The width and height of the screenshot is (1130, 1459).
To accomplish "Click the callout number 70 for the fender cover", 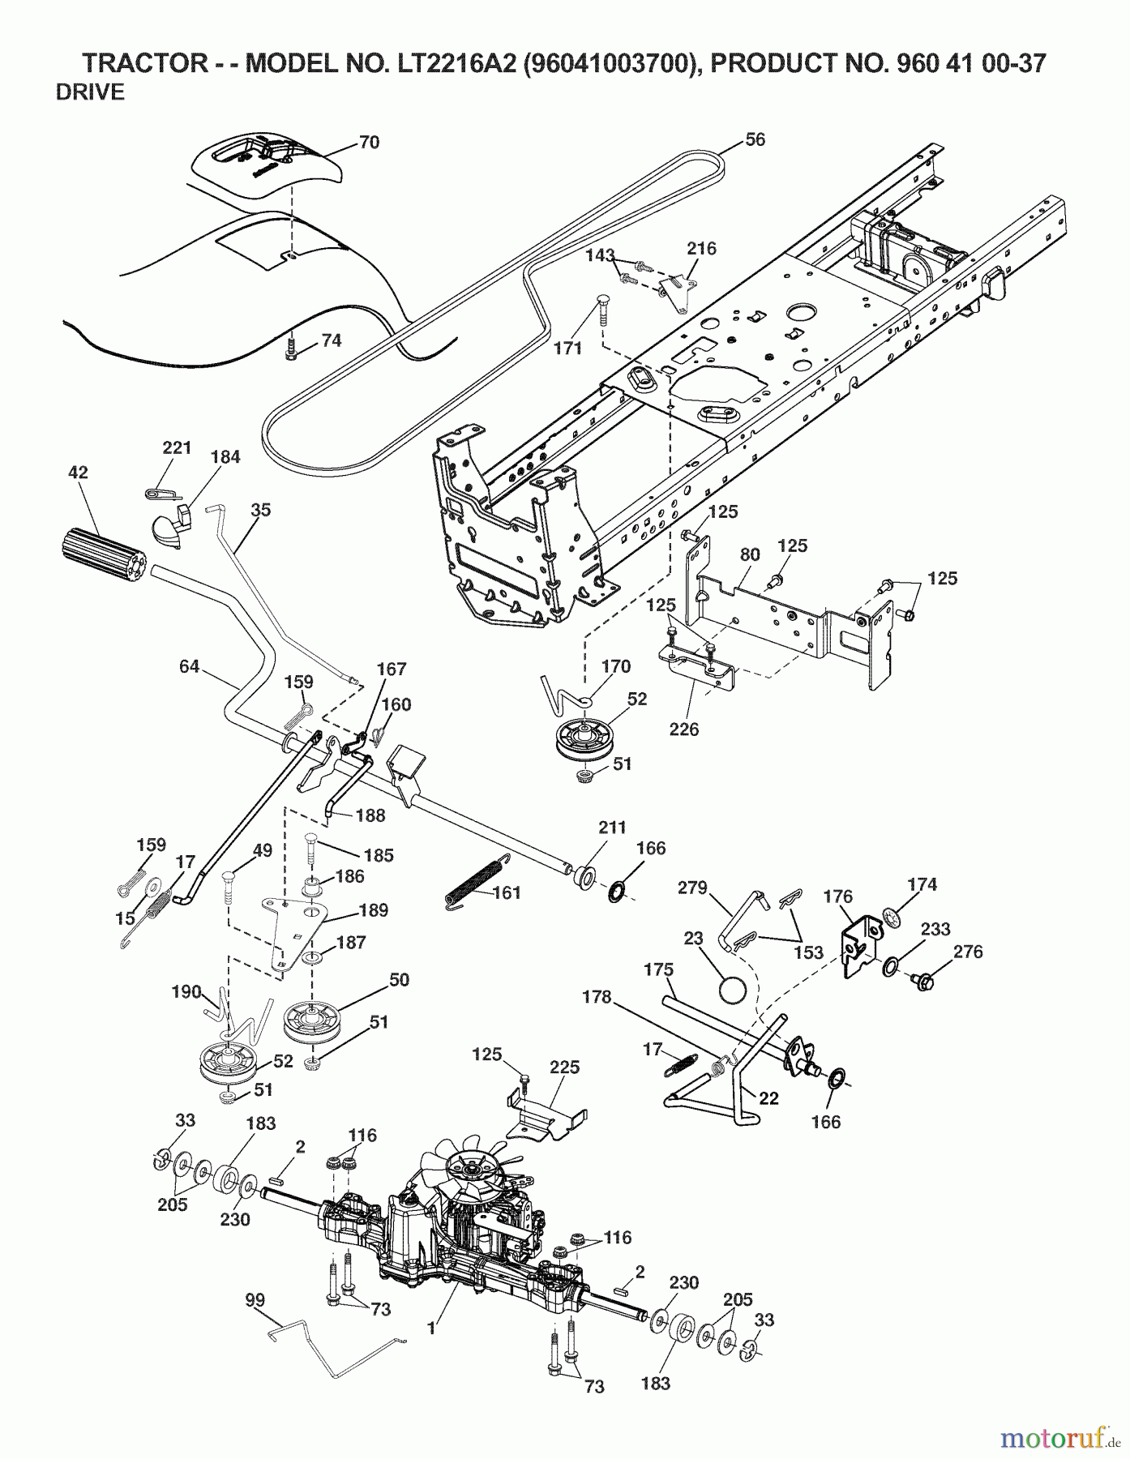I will coord(369,142).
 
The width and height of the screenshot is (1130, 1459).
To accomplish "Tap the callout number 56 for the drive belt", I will coord(755,139).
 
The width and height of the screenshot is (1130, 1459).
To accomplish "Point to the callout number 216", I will coord(701,248).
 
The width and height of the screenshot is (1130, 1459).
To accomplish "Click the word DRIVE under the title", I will coord(90,92).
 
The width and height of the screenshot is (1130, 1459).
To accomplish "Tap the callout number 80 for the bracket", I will coord(750,554).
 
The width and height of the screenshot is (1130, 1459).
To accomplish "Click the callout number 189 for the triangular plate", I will coord(372,909).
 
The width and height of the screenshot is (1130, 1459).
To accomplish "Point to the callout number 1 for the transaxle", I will coord(431,1329).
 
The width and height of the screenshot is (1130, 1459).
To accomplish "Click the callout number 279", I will coord(694,888).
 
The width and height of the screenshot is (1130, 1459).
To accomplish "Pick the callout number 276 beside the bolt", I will coord(967,952).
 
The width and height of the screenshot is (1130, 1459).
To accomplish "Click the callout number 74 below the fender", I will coord(331,340).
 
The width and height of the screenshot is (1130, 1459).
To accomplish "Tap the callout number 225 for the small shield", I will coord(564,1067).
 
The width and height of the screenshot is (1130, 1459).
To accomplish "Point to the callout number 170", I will coord(616,666).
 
